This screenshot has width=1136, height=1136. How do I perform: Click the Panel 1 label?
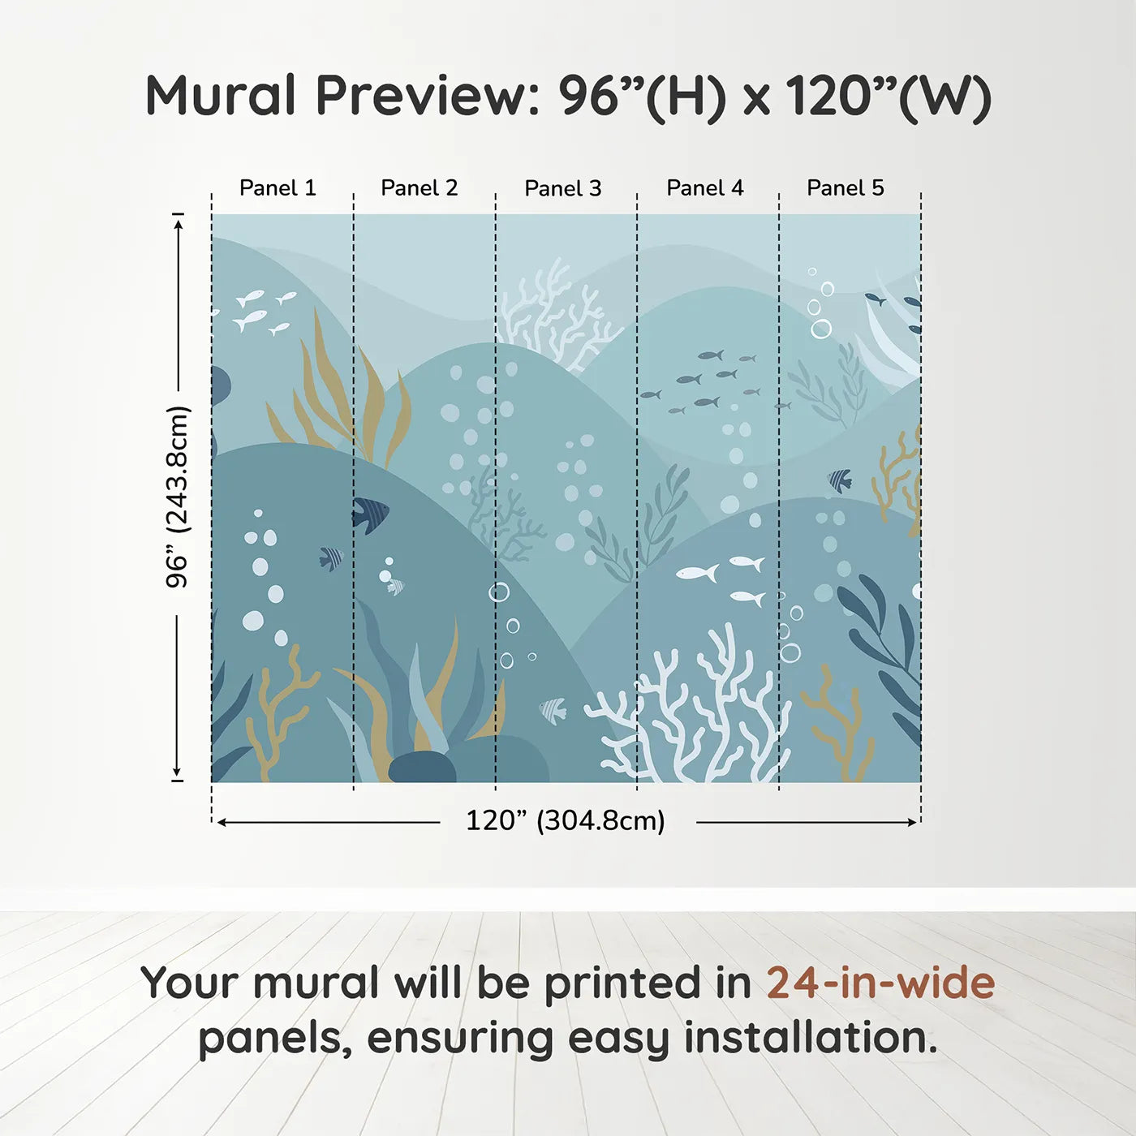tap(278, 188)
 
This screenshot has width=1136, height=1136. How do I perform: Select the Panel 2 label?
tap(420, 188)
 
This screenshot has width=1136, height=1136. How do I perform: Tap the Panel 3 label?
tap(563, 189)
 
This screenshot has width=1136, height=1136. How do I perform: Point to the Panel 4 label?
tap(705, 188)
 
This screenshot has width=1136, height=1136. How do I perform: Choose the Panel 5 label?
tap(846, 188)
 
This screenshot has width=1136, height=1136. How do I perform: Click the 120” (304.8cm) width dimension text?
tap(566, 821)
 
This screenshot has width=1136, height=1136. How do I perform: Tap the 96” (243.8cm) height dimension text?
tap(178, 497)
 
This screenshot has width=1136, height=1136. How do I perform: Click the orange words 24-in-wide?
tap(880, 983)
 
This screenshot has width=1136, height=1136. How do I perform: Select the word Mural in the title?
tap(221, 96)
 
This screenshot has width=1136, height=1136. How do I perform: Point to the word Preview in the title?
tap(422, 96)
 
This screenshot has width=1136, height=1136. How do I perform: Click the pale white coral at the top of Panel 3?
tap(556, 312)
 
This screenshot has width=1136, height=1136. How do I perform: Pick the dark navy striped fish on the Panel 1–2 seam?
tap(370, 514)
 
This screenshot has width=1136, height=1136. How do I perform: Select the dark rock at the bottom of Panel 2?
tap(422, 768)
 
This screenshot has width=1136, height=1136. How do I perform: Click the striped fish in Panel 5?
tap(840, 481)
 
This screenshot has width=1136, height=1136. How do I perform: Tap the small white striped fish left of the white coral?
tap(553, 710)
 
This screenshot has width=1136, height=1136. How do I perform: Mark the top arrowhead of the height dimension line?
tap(179, 222)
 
